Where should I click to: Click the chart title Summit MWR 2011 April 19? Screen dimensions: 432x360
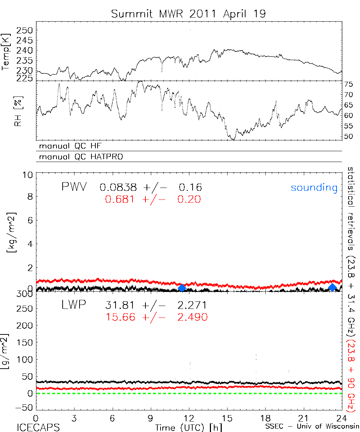pos(188,14)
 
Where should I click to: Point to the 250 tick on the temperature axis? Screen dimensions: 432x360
pos(26,30)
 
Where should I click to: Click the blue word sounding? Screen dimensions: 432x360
pos(314,188)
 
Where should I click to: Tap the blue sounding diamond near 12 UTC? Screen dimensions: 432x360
pos(182,288)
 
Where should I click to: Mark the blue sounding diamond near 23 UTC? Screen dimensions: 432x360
pos(332,287)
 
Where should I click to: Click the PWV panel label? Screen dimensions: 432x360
pos(74,187)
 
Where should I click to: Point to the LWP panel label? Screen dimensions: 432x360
pos(73,305)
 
